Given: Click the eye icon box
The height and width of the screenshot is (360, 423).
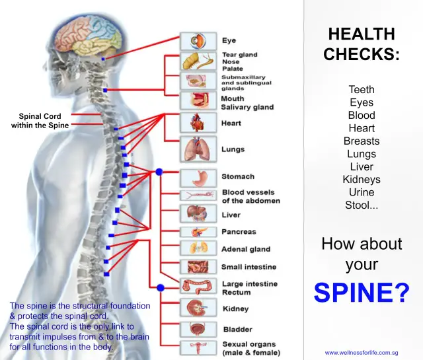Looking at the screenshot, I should (x=198, y=41).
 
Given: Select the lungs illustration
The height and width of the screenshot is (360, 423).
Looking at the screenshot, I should (x=198, y=149).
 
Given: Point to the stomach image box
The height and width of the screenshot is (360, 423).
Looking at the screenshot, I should (x=198, y=177).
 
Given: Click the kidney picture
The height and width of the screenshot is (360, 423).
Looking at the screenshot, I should (x=198, y=308).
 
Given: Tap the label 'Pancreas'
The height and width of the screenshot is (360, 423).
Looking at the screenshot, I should (x=239, y=232).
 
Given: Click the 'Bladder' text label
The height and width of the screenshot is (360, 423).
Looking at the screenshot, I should (x=237, y=329).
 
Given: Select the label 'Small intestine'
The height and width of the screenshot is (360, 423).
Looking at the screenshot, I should (x=249, y=267).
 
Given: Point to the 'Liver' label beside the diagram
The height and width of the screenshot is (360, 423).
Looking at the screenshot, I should (x=231, y=215).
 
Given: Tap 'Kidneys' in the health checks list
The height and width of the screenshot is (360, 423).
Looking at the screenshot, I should (x=362, y=180).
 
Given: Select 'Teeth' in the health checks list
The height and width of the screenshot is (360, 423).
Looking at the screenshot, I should (x=362, y=89).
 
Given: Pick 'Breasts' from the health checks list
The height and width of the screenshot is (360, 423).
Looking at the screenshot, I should (x=362, y=141).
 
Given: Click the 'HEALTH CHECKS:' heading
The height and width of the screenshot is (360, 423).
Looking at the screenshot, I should (x=362, y=44).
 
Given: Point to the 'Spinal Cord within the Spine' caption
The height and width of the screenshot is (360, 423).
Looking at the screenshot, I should (x=40, y=121).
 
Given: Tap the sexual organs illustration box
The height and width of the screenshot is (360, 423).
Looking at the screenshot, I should (x=198, y=348).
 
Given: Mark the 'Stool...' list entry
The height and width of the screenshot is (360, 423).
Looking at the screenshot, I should (x=362, y=205).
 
